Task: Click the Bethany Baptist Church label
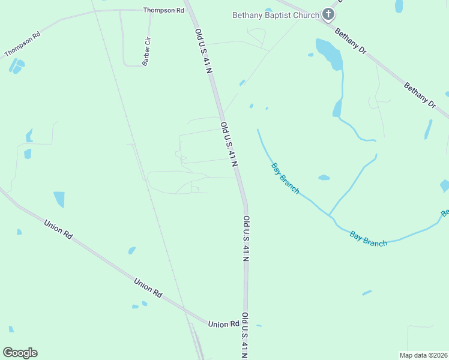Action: point(276,14)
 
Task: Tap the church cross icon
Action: point(328,14)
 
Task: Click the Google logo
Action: point(20,353)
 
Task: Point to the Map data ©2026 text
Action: point(423,355)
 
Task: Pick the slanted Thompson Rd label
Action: point(22,44)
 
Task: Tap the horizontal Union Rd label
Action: point(224,324)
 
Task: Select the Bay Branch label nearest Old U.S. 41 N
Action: point(285,178)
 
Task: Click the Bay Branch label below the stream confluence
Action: point(369,239)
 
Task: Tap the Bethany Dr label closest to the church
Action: point(351,42)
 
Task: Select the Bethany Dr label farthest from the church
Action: point(420,95)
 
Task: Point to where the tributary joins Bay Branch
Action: point(329,215)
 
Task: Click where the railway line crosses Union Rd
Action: point(184,308)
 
